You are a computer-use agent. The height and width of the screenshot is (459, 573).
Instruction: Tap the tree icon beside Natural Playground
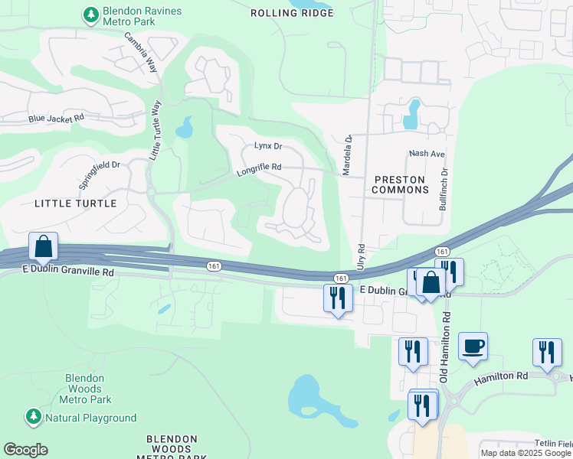click(x=33, y=417)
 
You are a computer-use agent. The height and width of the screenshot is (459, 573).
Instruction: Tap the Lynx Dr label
click(x=268, y=145)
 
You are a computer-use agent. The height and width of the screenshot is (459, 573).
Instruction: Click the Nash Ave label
click(x=427, y=154)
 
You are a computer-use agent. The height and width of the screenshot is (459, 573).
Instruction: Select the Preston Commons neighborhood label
click(x=401, y=184)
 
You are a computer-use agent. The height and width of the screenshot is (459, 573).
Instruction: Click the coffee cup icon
click(x=473, y=345)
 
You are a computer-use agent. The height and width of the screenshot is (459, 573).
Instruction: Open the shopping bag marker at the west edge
click(x=44, y=246)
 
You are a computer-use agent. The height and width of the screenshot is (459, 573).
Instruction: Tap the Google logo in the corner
click(x=25, y=450)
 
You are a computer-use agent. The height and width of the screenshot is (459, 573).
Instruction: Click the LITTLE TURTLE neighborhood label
click(x=76, y=203)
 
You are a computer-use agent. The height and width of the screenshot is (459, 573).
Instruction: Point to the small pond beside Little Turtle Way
click(x=184, y=128)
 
